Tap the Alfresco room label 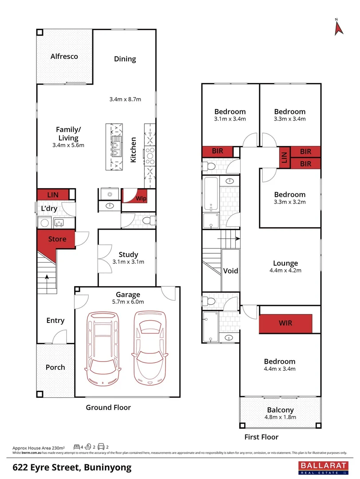(x=64, y=56)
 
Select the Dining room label (x=125, y=59)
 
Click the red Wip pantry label (x=141, y=198)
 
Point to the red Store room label (x=57, y=239)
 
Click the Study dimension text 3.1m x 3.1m (x=128, y=262)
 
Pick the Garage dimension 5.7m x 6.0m (x=128, y=302)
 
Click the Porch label (x=55, y=367)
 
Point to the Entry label (x=55, y=320)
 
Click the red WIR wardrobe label (x=285, y=323)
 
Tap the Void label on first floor (x=231, y=271)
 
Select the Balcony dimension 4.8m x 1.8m (x=281, y=417)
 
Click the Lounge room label (x=285, y=263)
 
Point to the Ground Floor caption (x=108, y=407)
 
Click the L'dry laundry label (x=49, y=209)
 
